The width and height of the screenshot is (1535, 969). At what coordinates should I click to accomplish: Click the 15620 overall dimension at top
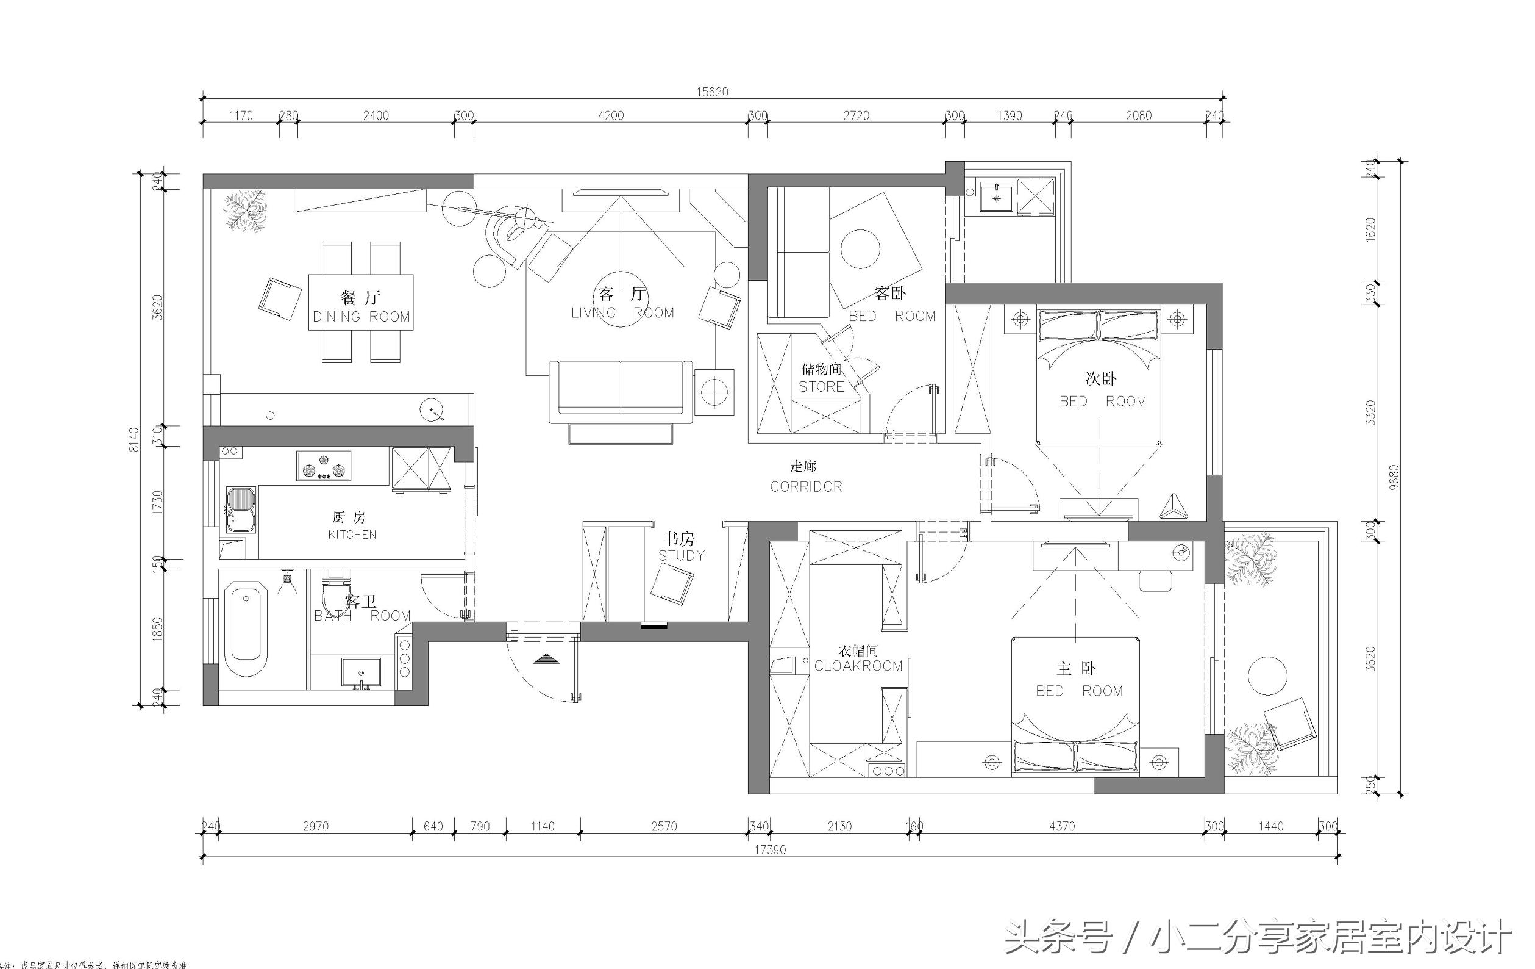[711, 92]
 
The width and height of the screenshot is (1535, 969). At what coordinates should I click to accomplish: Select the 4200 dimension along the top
[610, 115]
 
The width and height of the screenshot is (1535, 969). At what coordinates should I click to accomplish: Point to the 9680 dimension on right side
[1393, 477]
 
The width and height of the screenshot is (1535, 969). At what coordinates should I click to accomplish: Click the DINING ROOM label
[361, 317]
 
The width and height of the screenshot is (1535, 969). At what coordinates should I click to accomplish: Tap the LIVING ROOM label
[622, 312]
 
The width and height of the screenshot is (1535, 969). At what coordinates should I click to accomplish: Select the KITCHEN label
[352, 535]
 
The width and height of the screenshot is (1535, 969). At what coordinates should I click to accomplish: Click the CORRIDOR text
[806, 487]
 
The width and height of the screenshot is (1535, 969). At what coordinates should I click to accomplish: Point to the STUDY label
[682, 555]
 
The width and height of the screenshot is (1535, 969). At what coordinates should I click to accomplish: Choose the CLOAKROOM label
[858, 665]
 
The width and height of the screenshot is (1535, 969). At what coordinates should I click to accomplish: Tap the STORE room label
[821, 387]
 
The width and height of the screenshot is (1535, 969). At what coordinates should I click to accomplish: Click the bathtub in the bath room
[246, 628]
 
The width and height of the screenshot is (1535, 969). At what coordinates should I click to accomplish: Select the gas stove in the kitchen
[324, 465]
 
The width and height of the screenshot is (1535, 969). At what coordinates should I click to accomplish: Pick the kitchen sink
[241, 509]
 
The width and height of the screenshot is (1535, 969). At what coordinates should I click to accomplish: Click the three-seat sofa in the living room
[620, 391]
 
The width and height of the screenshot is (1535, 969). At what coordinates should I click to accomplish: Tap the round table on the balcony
[1267, 675]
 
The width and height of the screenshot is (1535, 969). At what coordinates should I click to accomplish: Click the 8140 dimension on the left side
[134, 439]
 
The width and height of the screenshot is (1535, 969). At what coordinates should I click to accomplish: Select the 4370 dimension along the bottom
[1061, 826]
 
